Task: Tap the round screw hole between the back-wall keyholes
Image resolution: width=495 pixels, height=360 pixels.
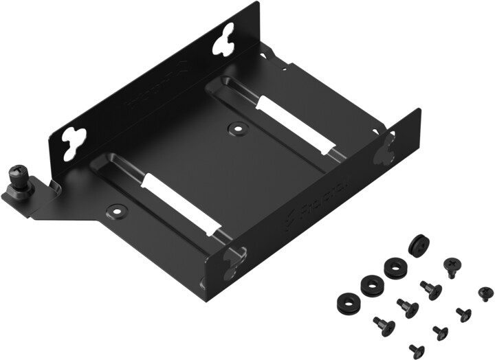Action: click(237, 128)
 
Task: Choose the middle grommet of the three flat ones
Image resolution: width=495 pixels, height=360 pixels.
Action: click(369, 283)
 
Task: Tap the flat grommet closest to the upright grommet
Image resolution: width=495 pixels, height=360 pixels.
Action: click(395, 268)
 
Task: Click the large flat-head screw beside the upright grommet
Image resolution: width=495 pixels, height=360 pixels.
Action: click(452, 265)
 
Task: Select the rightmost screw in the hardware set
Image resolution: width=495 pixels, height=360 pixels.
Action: click(485, 293)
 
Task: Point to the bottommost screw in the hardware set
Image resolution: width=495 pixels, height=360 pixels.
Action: click(416, 350)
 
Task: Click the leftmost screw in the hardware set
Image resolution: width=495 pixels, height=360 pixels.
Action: click(381, 324)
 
